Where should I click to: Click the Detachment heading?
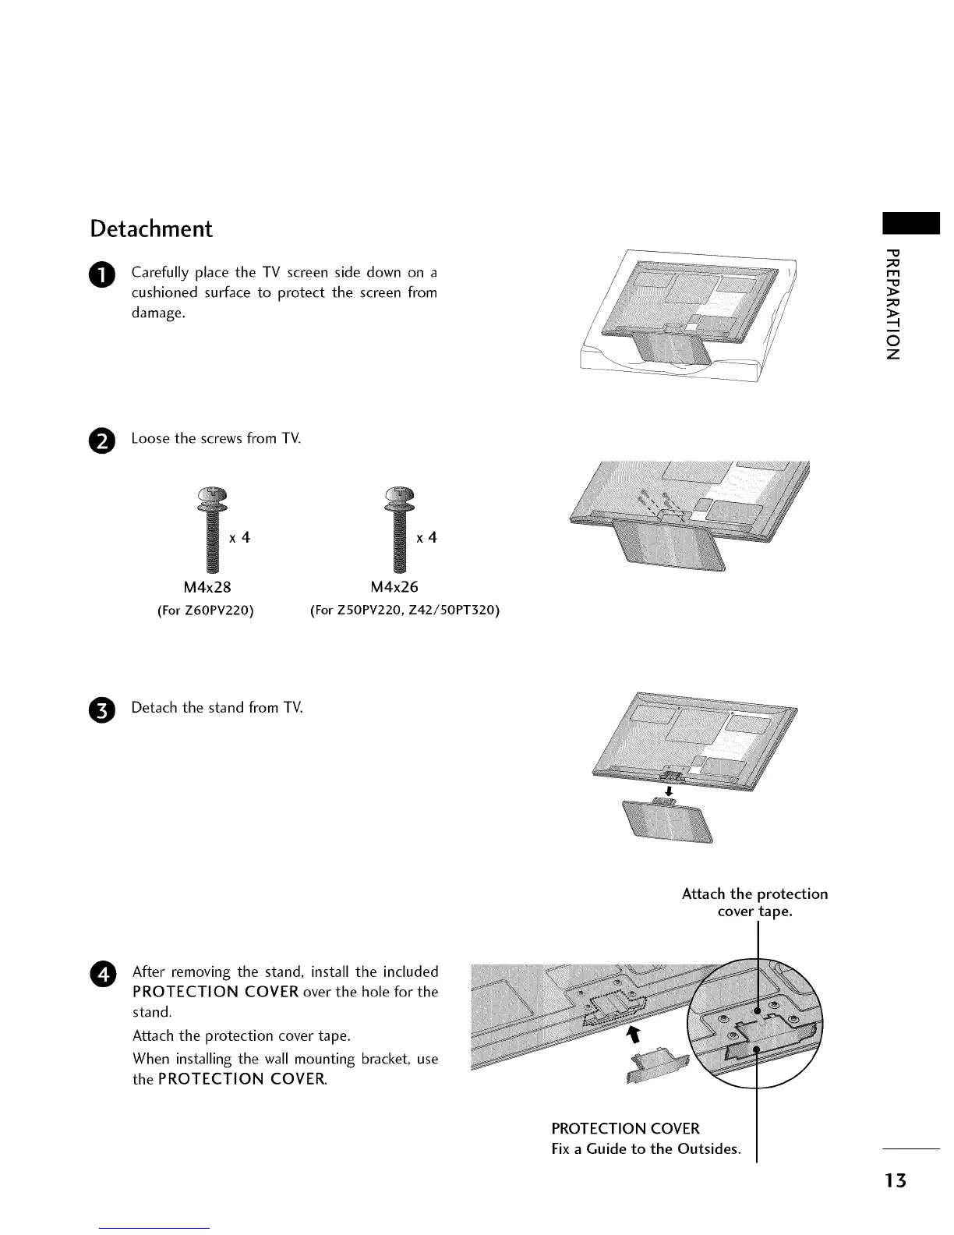pyautogui.click(x=150, y=229)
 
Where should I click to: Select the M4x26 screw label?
pyautogui.click(x=394, y=587)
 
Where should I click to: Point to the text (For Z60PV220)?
pyautogui.click(x=206, y=610)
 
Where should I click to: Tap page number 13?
pyautogui.click(x=896, y=1181)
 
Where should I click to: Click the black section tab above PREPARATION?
pyautogui.click(x=910, y=222)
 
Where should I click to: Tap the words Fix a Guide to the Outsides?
pyautogui.click(x=645, y=1148)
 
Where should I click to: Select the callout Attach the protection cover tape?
pyautogui.click(x=754, y=902)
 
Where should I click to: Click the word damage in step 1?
pyautogui.click(x=158, y=313)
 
